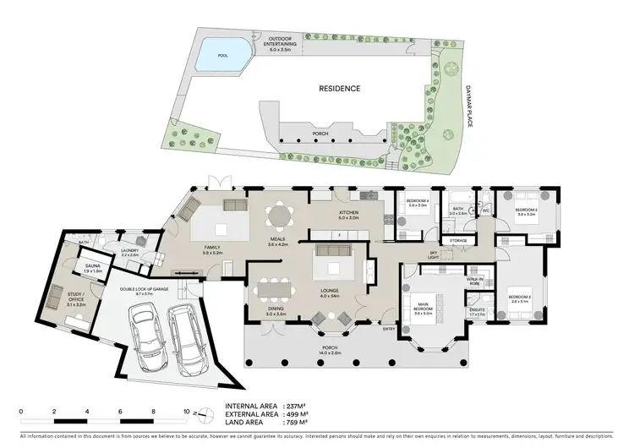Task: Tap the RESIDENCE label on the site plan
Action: click(339, 88)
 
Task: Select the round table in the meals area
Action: click(277, 216)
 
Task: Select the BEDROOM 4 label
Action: click(418, 202)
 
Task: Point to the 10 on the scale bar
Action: click(186, 412)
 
